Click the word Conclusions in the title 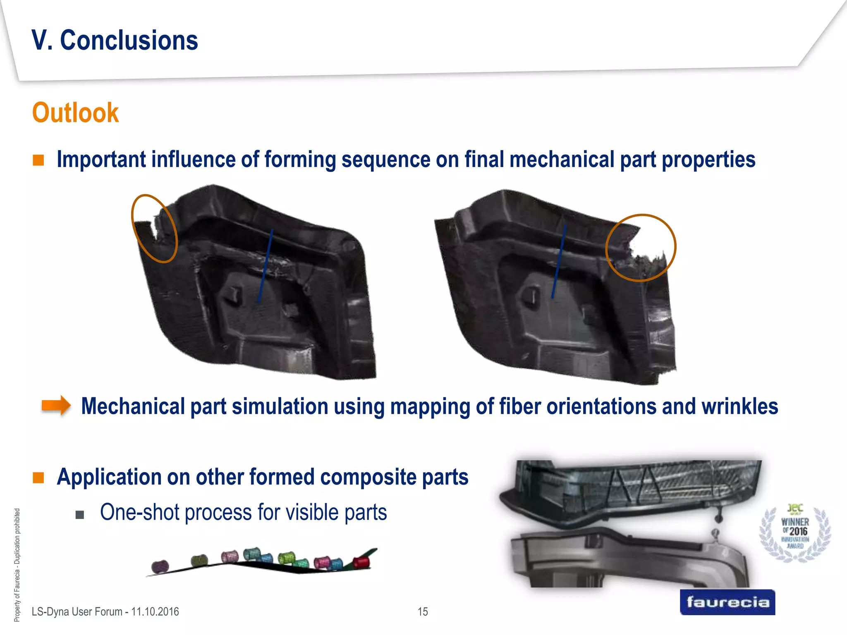(129, 41)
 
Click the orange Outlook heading (75, 113)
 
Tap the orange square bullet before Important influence (38, 160)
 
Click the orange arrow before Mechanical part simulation (56, 406)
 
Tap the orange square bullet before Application (38, 478)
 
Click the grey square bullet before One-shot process (80, 515)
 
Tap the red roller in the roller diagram (361, 562)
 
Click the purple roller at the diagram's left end (160, 566)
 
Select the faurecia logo (727, 602)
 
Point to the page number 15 (423, 612)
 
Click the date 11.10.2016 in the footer (155, 612)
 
